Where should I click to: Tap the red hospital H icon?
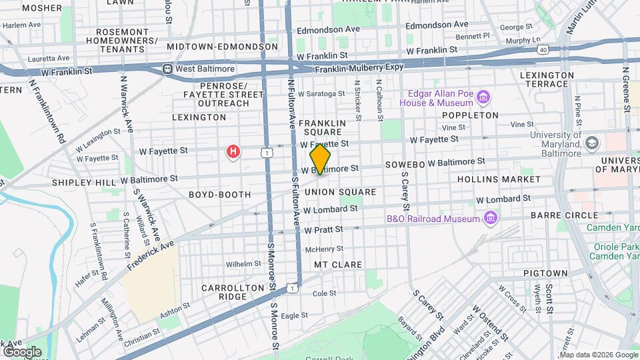(233, 153)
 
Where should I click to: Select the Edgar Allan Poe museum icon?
(484, 99)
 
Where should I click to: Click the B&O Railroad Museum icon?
(491, 218)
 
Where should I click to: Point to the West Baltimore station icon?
(167, 69)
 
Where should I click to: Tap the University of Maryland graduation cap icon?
(591, 143)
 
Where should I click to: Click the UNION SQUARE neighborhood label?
(340, 192)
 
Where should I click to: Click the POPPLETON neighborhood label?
(470, 115)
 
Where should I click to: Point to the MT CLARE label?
(338, 265)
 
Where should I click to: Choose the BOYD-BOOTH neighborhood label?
(219, 195)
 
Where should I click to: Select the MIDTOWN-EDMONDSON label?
(222, 47)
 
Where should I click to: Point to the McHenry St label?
(323, 249)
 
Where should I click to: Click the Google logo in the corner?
(22, 351)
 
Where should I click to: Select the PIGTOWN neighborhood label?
(545, 273)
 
